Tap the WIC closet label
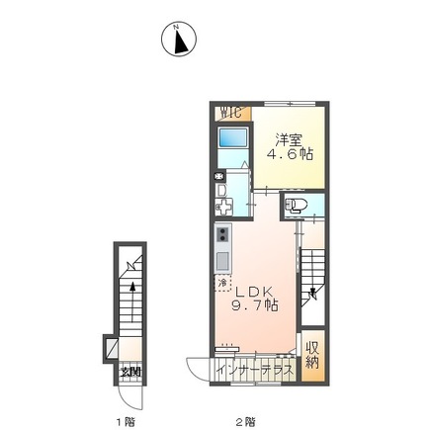pyautogui.click(x=229, y=113)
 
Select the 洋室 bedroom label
pyautogui.click(x=290, y=139)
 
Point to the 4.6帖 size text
pyautogui.click(x=290, y=155)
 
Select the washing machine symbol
pyautogui.click(x=223, y=208)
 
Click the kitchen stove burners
pyautogui.click(x=222, y=236)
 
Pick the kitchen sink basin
pyautogui.click(x=222, y=261)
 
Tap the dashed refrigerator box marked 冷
pyautogui.click(x=223, y=284)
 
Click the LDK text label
pyautogui.click(x=253, y=292)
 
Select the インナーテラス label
pyautogui.click(x=254, y=370)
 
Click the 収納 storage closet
pyautogui.click(x=312, y=355)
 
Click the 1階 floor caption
pyautogui.click(x=125, y=422)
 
